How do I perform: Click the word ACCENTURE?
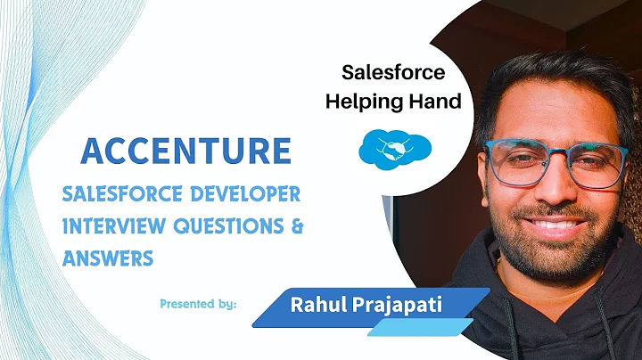[185, 149]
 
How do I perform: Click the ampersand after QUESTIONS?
[297, 226]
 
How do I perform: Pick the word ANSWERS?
[108, 258]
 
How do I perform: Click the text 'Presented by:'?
[197, 303]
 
